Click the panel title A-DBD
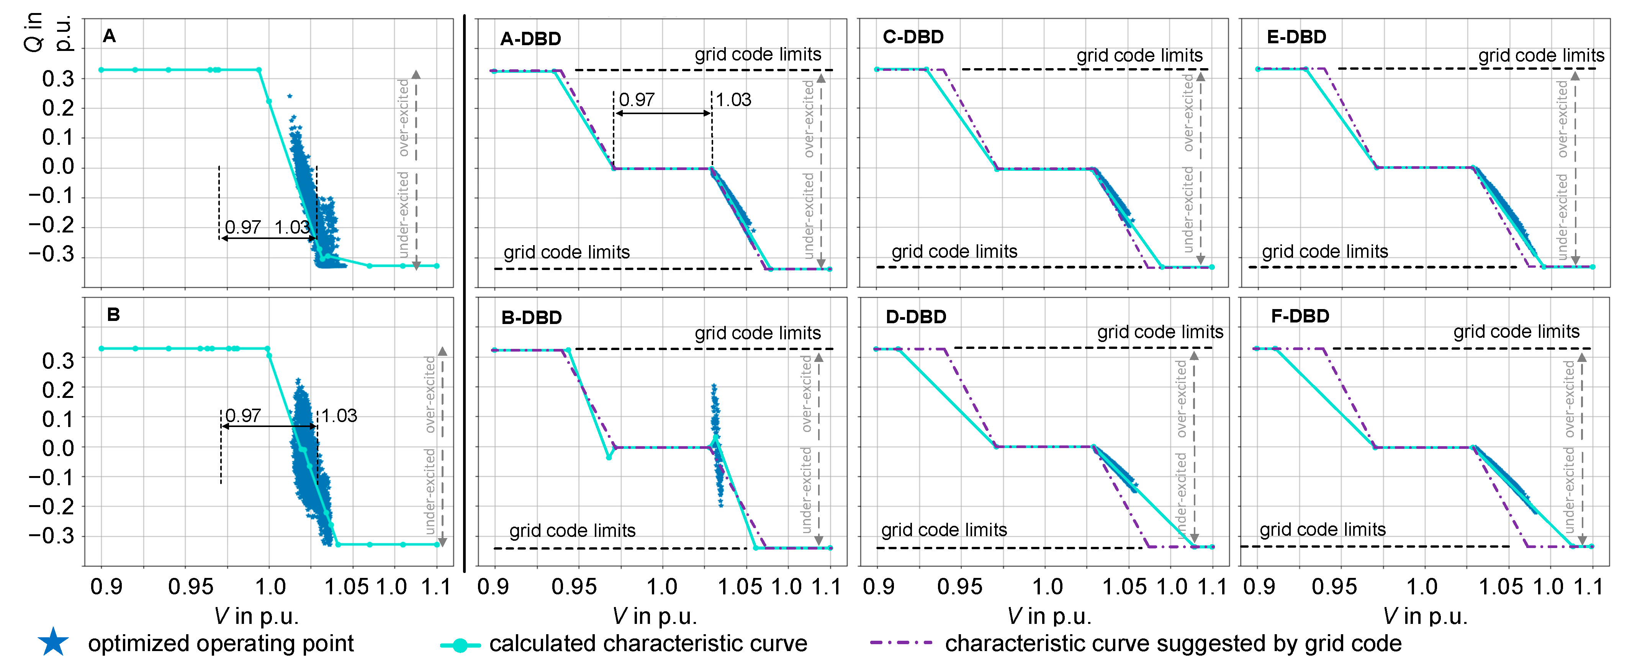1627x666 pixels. [530, 39]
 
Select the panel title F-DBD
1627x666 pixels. [1300, 316]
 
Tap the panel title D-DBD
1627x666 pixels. [915, 317]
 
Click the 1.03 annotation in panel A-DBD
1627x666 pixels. [733, 100]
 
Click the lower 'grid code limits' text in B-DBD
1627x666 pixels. [572, 530]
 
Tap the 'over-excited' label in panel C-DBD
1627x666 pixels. [1188, 112]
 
